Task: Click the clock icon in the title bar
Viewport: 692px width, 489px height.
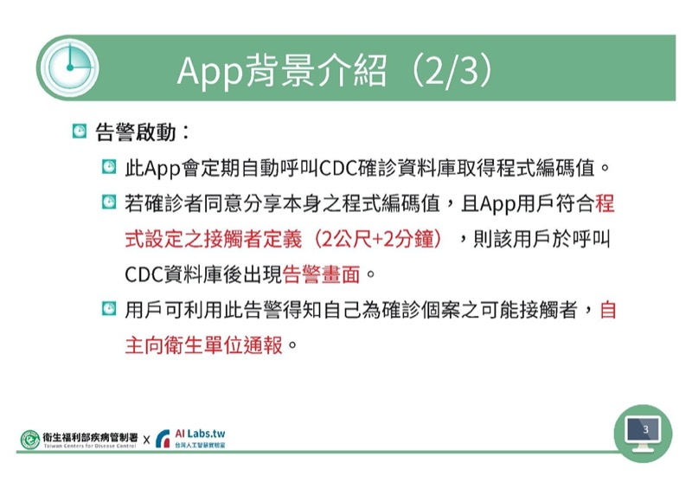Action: (69, 68)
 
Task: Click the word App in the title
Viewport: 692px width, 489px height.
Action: (210, 71)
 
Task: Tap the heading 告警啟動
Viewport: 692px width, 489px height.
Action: (136, 132)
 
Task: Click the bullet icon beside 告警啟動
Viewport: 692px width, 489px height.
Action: (80, 132)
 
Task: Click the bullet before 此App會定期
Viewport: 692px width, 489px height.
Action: (109, 167)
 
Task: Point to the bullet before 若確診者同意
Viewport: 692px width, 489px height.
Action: (109, 203)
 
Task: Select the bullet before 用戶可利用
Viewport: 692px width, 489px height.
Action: (109, 308)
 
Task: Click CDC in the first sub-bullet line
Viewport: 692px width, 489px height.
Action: (337, 168)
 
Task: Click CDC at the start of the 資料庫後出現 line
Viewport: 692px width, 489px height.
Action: (144, 274)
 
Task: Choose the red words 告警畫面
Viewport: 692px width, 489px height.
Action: (321, 274)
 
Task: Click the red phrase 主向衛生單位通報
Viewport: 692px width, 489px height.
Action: (204, 345)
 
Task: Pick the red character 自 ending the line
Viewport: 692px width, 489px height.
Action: (608, 310)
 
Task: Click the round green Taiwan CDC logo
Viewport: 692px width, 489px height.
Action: (30, 440)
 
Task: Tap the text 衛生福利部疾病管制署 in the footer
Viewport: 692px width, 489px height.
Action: (90, 437)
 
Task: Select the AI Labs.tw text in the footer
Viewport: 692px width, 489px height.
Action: (200, 434)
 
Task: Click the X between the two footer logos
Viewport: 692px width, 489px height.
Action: (146, 440)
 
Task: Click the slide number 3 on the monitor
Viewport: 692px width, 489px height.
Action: (645, 429)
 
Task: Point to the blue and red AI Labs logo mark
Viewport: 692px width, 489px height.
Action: (163, 439)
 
